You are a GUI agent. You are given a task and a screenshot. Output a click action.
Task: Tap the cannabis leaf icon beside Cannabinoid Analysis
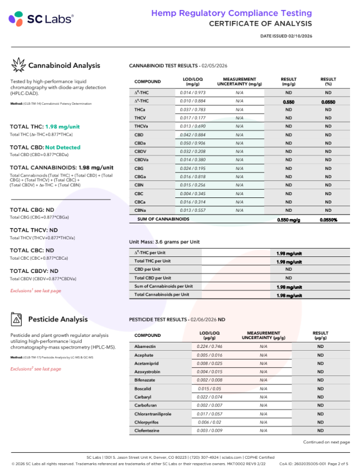tap(18, 65)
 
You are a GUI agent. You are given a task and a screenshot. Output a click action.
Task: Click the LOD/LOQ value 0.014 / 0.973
tap(192, 93)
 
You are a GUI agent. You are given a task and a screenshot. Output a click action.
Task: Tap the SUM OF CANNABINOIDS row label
tap(163, 219)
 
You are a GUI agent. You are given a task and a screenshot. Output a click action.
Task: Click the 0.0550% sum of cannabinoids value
tap(328, 219)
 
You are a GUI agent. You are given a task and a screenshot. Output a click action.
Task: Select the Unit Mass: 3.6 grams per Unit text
tap(164, 242)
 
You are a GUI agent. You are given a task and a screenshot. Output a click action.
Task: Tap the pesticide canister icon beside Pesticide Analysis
tap(18, 319)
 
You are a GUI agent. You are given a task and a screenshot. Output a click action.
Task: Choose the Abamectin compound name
tap(144, 345)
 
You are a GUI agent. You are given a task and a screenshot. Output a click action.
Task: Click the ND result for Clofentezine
tap(320, 430)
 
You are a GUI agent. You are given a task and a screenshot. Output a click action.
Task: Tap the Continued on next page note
tap(326, 442)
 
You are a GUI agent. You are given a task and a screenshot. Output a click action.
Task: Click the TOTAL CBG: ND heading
tap(32, 210)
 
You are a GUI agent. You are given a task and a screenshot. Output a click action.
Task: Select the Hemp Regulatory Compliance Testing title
tap(232, 13)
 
